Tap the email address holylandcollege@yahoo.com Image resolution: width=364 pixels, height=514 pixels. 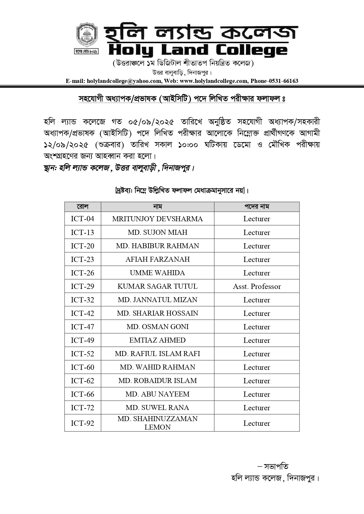(124, 81)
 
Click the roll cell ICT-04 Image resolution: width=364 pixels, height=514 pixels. (82, 219)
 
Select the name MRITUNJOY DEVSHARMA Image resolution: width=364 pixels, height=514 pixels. (157, 219)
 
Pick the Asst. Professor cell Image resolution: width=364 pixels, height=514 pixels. (257, 286)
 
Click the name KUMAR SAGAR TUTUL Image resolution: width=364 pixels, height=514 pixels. (157, 286)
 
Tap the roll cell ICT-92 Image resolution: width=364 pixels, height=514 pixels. (82, 423)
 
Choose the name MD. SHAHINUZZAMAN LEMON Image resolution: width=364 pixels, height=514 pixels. (157, 423)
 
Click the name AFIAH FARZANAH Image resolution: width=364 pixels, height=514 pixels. (157, 259)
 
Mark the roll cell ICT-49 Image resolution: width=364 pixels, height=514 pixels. (82, 340)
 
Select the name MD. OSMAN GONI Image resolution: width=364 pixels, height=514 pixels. (157, 327)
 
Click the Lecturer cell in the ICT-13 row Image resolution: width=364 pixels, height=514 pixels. (257, 232)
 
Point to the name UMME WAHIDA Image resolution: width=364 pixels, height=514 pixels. (157, 273)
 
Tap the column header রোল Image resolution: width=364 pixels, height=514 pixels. (82, 207)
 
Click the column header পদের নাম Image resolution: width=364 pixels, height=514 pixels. (257, 207)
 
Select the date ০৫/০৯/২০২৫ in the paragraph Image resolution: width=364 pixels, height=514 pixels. (151, 122)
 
